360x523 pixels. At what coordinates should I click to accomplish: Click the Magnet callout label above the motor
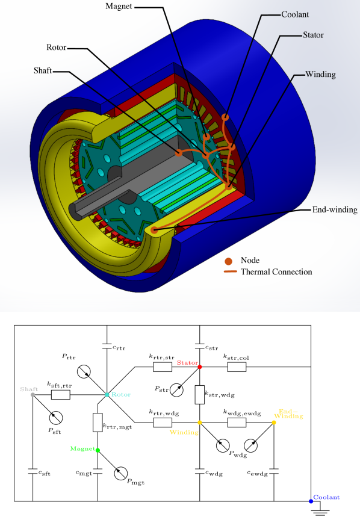pos(119,7)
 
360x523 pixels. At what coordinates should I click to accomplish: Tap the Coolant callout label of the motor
pos(295,14)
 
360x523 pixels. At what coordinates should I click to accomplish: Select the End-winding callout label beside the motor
pos(335,210)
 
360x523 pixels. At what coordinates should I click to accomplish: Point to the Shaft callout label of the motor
pos(43,70)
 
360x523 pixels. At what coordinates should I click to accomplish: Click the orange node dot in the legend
pos(229,261)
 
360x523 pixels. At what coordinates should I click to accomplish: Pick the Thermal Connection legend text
pos(276,272)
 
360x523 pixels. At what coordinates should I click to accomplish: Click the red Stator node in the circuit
pos(200,367)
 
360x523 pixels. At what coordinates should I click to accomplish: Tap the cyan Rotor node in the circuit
pos(107,395)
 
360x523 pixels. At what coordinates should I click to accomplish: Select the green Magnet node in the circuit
pos(98,450)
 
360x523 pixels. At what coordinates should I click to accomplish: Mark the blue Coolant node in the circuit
pos(311,501)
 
